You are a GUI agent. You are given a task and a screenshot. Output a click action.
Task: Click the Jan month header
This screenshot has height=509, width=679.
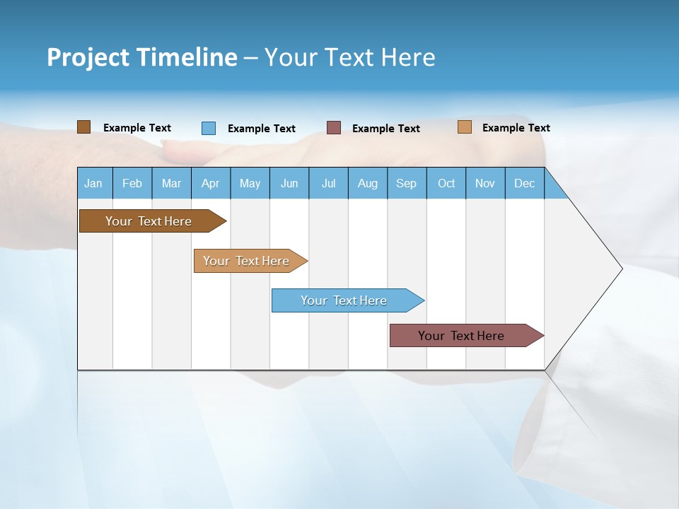(x=93, y=183)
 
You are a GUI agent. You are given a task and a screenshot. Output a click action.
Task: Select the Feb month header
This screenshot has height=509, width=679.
(x=132, y=183)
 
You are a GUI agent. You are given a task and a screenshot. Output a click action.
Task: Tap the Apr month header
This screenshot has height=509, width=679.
(x=210, y=183)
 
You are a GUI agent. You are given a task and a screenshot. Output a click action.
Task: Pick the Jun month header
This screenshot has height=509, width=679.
(x=289, y=183)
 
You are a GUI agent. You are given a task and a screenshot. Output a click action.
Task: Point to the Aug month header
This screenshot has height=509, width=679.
(x=368, y=183)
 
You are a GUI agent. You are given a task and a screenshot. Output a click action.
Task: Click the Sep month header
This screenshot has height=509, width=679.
(x=406, y=183)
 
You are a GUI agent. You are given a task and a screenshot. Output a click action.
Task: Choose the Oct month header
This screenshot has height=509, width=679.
(x=446, y=183)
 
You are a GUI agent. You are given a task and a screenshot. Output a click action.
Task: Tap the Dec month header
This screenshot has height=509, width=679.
(x=524, y=183)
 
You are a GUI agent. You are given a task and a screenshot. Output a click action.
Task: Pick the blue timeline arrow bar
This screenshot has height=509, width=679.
(x=344, y=300)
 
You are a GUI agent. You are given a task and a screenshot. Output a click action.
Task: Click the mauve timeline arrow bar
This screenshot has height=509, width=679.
(x=462, y=336)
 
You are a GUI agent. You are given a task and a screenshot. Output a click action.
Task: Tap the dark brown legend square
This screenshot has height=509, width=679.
(x=84, y=127)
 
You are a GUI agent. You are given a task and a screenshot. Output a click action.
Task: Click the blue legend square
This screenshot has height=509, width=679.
(x=209, y=128)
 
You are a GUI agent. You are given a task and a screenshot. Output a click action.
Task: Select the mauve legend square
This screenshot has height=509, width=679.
(x=334, y=128)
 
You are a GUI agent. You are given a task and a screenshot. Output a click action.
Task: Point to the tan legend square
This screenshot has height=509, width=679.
(x=465, y=127)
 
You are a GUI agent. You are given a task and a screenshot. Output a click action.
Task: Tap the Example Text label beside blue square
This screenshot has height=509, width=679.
(x=262, y=129)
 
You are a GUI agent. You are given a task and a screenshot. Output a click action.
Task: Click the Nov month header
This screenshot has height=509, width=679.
(x=485, y=183)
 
